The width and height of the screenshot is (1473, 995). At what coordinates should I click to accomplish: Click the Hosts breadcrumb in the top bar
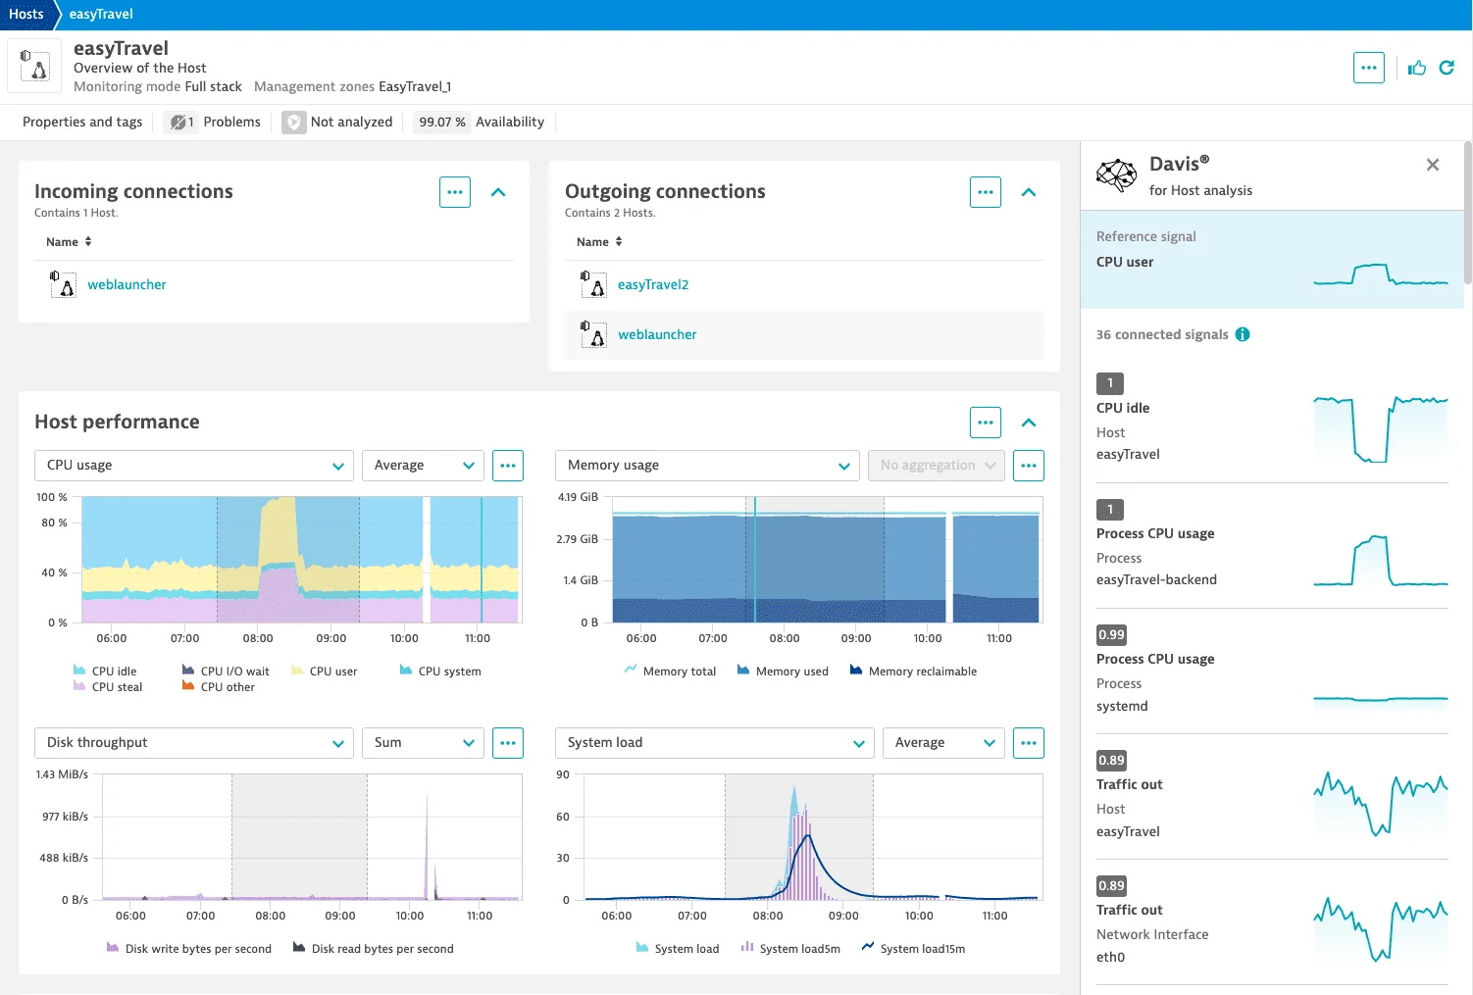coord(26,14)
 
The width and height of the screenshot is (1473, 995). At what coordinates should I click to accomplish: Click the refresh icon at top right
coord(1447,68)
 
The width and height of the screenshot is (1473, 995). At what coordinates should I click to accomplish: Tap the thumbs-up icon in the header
coord(1417,68)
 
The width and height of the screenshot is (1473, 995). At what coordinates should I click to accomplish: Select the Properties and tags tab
coord(82,122)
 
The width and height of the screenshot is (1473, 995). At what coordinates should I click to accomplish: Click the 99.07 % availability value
coord(441,122)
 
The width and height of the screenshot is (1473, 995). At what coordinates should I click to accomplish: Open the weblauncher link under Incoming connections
coord(127,284)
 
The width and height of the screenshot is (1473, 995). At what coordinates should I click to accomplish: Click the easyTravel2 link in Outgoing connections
coord(653,284)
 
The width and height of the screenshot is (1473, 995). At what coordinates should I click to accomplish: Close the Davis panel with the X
coord(1433,165)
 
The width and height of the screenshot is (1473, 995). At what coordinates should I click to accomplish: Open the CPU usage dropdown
coord(194,466)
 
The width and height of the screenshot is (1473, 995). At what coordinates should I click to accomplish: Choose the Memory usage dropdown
coord(707,466)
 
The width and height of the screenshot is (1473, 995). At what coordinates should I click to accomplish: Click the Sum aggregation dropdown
coord(423,743)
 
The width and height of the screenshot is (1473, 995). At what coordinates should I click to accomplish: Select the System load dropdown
coord(714,743)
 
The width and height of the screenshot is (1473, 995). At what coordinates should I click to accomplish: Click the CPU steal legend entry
coord(117,687)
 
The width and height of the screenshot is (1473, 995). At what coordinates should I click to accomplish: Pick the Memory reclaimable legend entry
coord(922,672)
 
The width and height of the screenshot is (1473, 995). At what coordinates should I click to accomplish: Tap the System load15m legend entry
coord(922,949)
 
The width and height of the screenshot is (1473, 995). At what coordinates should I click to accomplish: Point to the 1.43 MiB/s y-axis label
coord(62,774)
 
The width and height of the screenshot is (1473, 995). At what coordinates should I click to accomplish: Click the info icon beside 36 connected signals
coord(1243,334)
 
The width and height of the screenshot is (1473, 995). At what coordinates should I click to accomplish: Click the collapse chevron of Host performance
coord(1029,423)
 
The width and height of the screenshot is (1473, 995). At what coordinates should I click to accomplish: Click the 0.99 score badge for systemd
coord(1111,634)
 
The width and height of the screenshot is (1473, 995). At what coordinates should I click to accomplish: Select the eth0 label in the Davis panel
coord(1110,957)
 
